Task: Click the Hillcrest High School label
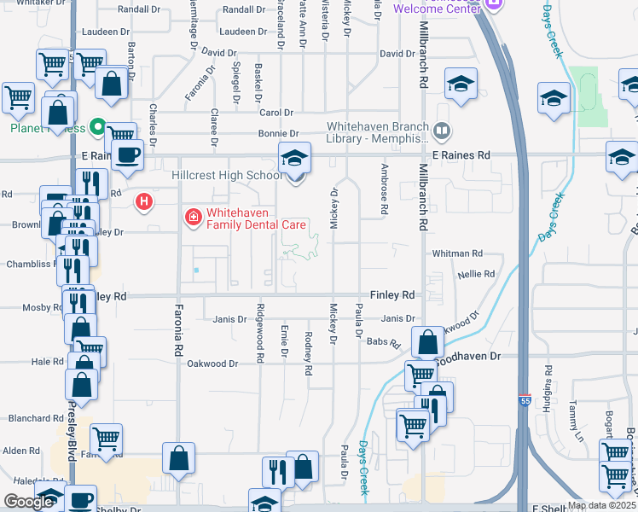point(227,175)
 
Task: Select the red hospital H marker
point(144,202)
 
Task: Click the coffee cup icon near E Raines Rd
point(128,154)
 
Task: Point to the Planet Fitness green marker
point(98,128)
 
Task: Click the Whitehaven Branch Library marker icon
point(441,131)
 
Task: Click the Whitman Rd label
point(457,253)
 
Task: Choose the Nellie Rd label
point(477,274)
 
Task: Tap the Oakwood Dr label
point(213,364)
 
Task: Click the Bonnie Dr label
point(279,134)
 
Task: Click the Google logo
point(27,502)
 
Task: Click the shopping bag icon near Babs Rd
point(427,342)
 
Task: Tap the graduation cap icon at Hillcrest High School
point(295,159)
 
